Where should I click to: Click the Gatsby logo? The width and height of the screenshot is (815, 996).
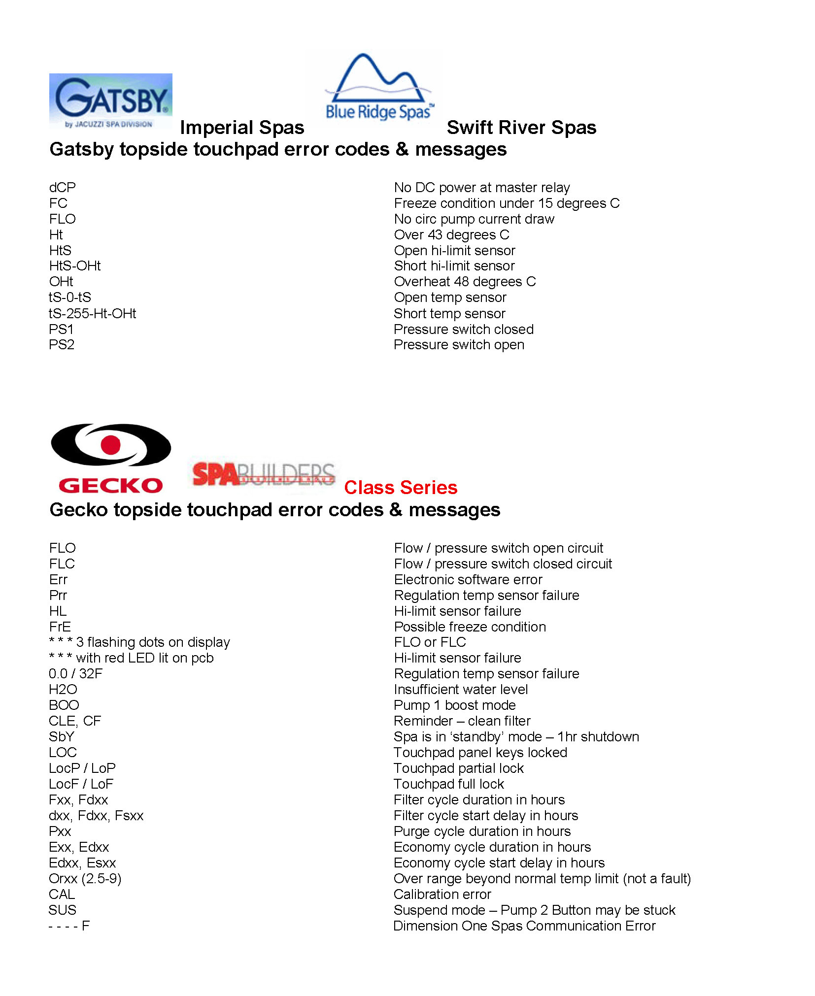click(x=110, y=101)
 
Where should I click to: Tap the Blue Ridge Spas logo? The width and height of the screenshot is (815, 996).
click(x=378, y=89)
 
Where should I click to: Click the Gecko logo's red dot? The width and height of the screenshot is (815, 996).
click(x=111, y=444)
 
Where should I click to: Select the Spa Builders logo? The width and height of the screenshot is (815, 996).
click(x=264, y=474)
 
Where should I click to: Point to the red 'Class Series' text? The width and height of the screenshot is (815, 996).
click(x=400, y=487)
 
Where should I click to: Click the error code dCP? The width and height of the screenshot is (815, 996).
click(x=63, y=187)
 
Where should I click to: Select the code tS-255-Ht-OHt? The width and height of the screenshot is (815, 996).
click(x=92, y=313)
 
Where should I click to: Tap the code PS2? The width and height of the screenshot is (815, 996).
click(x=62, y=345)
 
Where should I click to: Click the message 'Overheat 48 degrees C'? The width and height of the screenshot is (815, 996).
click(x=465, y=282)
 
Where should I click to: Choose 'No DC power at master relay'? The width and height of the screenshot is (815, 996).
click(x=481, y=187)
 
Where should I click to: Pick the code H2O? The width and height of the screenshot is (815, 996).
click(x=63, y=689)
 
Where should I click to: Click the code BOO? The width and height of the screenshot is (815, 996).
click(x=64, y=705)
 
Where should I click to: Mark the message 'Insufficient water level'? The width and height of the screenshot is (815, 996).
click(x=461, y=689)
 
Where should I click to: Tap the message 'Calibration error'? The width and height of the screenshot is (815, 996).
click(x=442, y=894)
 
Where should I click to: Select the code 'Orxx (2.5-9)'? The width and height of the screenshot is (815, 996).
click(x=85, y=878)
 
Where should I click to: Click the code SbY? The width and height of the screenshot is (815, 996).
click(x=62, y=736)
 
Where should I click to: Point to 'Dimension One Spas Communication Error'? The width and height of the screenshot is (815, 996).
click(x=524, y=926)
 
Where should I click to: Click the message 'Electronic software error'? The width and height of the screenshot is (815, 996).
click(x=468, y=579)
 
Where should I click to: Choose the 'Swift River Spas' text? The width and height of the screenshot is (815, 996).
click(x=521, y=128)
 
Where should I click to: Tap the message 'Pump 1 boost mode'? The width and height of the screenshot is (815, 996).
click(x=454, y=705)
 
